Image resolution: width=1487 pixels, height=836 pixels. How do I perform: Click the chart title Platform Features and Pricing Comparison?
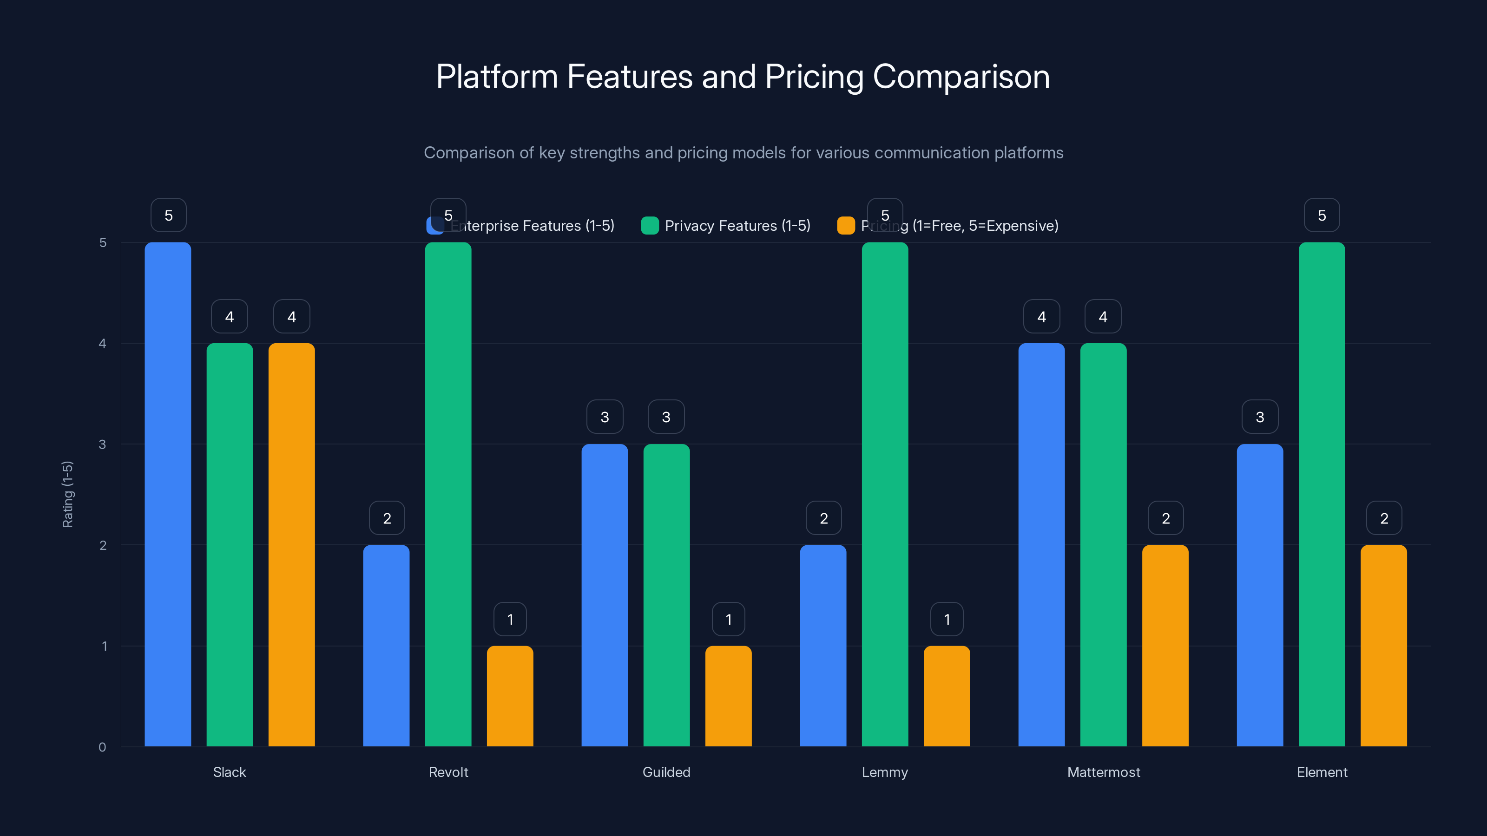coord(743,77)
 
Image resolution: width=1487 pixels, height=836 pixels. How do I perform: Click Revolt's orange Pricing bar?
coord(510,696)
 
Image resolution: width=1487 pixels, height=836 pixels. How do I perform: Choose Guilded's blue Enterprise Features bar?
coord(605,595)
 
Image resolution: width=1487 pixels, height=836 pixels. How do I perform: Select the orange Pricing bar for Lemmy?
coord(947,696)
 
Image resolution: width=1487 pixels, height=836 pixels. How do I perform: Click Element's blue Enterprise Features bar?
coord(1260,595)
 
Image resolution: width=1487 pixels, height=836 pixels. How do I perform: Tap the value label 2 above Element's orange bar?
coord(1384,518)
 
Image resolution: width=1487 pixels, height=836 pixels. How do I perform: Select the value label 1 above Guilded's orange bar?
coord(729,619)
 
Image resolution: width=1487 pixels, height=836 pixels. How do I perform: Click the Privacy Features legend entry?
coord(737,226)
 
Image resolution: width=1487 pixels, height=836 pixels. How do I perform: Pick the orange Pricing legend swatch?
coord(846,226)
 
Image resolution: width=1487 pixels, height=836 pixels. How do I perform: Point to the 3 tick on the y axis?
coord(102,444)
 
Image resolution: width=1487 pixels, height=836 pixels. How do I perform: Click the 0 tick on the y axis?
coord(102,747)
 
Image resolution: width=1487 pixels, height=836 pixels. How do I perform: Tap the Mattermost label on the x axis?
coord(1103,772)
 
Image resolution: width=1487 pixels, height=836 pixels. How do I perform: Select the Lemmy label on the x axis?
coord(884,772)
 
